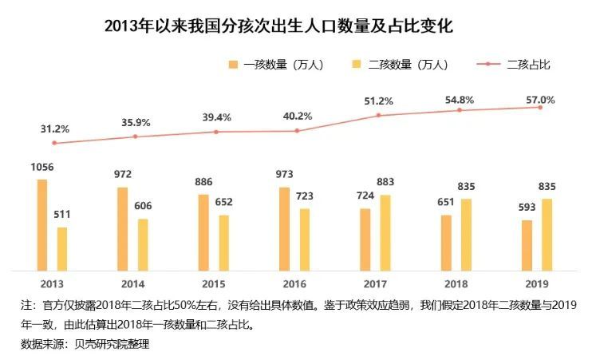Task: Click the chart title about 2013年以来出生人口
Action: coord(278,27)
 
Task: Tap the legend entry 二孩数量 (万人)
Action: coord(399,65)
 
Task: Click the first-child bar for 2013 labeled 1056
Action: coord(41,224)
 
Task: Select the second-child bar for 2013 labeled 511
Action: coord(62,248)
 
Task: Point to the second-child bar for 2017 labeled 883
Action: coord(385,232)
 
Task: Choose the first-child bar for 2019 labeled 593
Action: coord(527,245)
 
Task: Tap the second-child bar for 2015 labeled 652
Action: coord(224,243)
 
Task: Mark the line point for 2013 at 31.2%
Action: coord(54,143)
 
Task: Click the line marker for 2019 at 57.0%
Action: coord(540,107)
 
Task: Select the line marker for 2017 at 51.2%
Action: coord(378,115)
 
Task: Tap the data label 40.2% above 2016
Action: coord(297,117)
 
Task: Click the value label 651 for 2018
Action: coord(444,203)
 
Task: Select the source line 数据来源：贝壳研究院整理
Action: coord(85,344)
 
